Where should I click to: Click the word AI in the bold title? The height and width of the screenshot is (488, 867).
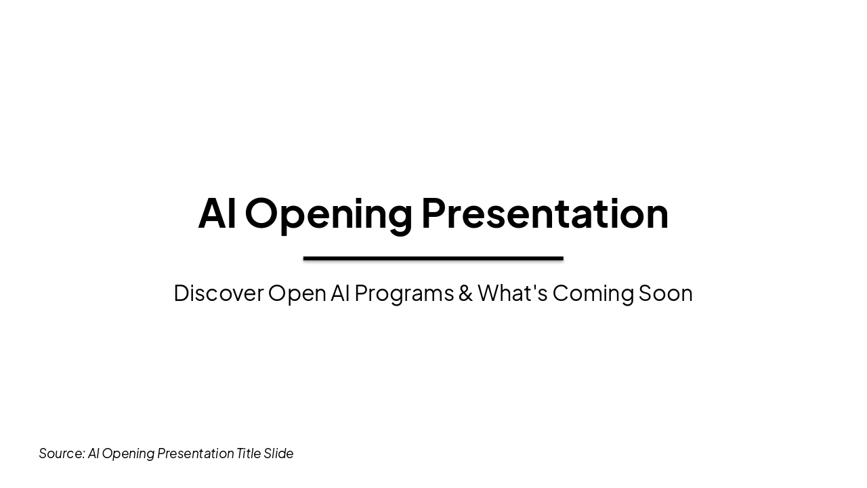(x=217, y=213)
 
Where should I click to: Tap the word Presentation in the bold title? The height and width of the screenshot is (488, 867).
(x=545, y=213)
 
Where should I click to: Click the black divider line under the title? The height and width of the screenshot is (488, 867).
(x=433, y=258)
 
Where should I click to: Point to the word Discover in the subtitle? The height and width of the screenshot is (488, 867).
(x=218, y=293)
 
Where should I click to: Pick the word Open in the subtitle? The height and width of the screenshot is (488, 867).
(x=297, y=293)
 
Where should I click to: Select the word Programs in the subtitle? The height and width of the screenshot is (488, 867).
(x=404, y=293)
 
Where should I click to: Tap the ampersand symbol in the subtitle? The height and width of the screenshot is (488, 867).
(x=465, y=293)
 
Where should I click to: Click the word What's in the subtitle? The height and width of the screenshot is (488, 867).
(x=512, y=293)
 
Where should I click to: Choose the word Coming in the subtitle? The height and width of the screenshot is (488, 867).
(x=593, y=293)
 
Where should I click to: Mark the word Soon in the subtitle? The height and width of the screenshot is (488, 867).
(x=665, y=293)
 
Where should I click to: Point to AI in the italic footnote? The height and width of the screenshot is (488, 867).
(x=93, y=453)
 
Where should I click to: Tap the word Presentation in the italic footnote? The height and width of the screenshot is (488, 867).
(x=195, y=453)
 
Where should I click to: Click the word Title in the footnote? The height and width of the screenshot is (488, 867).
(x=248, y=453)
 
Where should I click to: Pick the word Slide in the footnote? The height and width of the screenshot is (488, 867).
(x=278, y=453)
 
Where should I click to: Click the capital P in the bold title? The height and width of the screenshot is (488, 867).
(x=433, y=213)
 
